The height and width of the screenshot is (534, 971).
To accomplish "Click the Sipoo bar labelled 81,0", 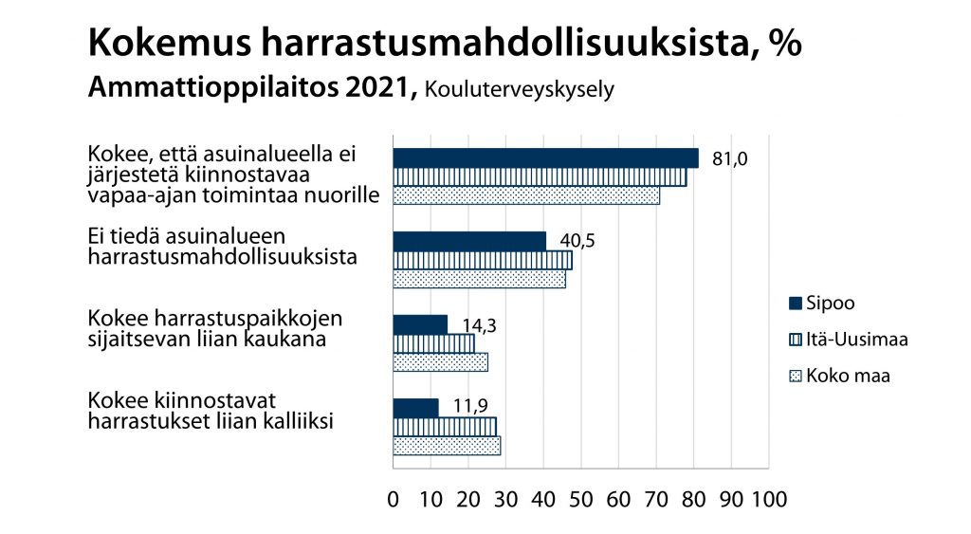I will tap(545, 158).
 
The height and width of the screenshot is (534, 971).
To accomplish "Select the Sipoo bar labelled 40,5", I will tap(469, 241).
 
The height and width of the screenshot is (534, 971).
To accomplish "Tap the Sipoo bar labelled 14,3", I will tap(420, 324).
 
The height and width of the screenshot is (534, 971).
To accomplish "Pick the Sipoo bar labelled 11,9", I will tap(415, 408).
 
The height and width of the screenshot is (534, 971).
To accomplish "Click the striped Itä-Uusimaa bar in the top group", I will tap(540, 177).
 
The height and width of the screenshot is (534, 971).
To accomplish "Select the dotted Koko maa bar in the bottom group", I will tap(447, 446).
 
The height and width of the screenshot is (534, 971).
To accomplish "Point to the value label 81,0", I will tap(728, 158).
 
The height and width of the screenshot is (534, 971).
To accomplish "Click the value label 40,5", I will tap(577, 241).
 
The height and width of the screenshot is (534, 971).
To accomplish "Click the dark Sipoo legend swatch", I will tap(795, 304).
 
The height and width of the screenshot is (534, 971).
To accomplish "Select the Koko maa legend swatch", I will tap(795, 375).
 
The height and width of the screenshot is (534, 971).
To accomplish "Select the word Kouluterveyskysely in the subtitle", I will tap(521, 90).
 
